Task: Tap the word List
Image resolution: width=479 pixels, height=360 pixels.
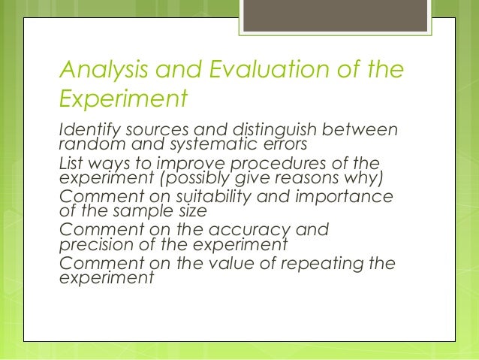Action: point(71,164)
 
